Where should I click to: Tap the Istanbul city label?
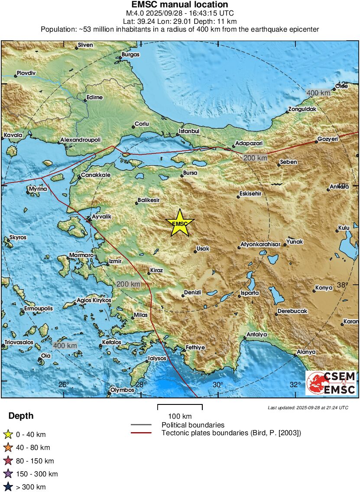tap(189, 131)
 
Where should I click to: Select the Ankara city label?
tap(340, 187)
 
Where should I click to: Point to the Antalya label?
tap(257, 334)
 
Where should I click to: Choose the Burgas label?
tap(130, 54)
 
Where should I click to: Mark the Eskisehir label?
tap(251, 193)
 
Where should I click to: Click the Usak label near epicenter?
tap(203, 248)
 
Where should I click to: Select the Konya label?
tap(324, 287)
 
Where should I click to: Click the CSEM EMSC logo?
tap(331, 383)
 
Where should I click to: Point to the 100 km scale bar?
tap(180, 407)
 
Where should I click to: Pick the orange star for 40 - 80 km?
tap(8, 447)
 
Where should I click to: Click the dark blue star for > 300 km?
tap(8, 487)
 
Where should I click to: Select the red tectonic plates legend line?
tap(141, 433)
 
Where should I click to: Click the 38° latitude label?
tap(342, 285)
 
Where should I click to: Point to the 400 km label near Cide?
tap(318, 93)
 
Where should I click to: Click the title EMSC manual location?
tap(180, 5)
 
